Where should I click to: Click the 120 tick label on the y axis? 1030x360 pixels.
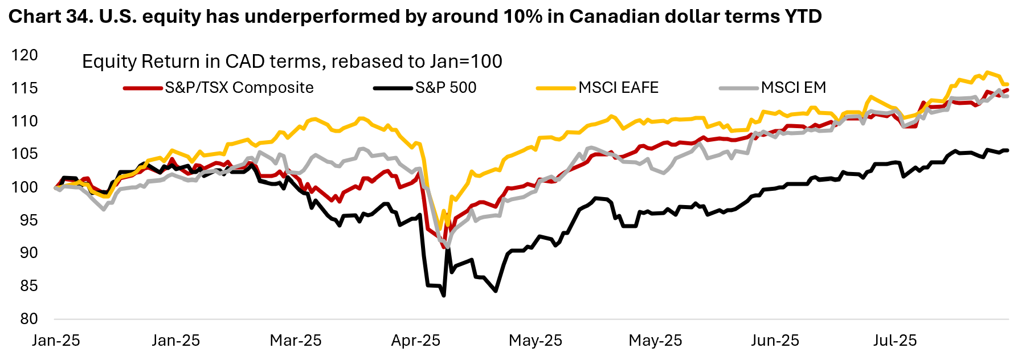(24, 55)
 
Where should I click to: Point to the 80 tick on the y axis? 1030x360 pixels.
(28, 318)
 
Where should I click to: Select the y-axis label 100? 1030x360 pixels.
(24, 187)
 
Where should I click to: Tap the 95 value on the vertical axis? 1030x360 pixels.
(28, 220)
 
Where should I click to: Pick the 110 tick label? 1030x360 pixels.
(24, 121)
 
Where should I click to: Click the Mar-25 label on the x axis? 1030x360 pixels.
(296, 341)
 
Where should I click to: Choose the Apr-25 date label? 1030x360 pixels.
(416, 341)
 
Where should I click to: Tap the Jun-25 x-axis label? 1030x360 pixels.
(775, 341)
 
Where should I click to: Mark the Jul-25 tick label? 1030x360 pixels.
(895, 341)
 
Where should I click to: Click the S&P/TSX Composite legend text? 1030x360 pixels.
(239, 88)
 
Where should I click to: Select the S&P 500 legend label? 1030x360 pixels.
(445, 88)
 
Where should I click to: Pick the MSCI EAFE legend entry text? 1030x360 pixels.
(619, 88)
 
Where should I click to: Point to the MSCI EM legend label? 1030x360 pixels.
(794, 88)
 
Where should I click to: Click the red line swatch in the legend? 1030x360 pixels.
(142, 88)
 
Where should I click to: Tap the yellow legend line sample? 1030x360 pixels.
(556, 88)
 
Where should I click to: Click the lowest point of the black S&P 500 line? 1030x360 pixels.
(444, 296)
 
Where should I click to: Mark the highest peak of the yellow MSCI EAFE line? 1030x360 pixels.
(987, 72)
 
